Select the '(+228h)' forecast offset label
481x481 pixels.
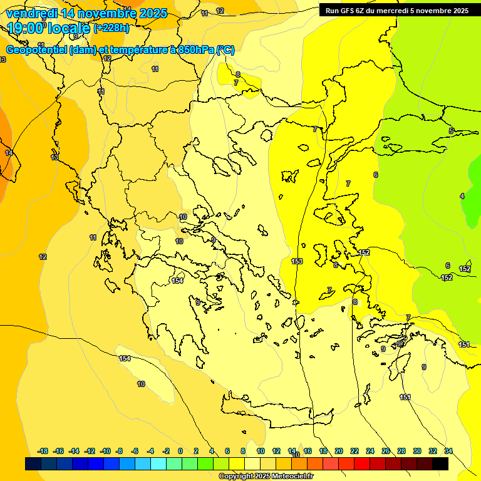(111, 28)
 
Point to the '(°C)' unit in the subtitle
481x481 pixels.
(225, 50)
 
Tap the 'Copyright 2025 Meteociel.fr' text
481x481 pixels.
(266, 476)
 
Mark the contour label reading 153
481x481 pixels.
(297, 261)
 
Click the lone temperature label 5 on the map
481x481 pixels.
(451, 131)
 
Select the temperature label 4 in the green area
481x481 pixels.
(462, 196)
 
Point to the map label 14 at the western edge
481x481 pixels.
(9, 153)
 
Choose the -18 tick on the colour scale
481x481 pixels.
(43, 451)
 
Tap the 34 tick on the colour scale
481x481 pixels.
(448, 451)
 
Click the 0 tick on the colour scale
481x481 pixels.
(180, 451)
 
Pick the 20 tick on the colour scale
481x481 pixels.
(339, 451)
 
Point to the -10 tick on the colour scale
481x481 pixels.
(105, 451)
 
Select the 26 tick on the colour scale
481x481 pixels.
(386, 451)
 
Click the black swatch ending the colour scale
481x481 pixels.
(440, 464)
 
